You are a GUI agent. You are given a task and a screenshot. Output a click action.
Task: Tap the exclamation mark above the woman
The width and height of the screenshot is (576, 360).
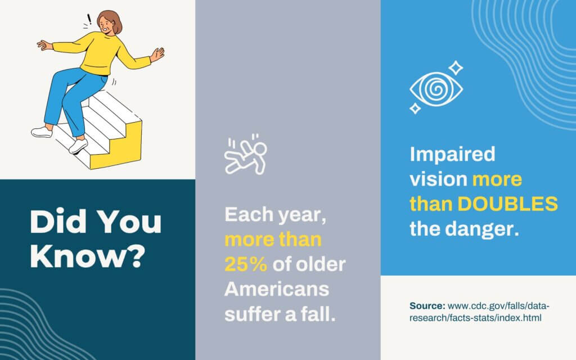tap(89, 19)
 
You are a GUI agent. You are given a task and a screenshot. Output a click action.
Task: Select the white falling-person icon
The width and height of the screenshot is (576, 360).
tap(246, 155)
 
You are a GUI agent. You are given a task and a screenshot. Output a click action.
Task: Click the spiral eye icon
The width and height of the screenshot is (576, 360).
tap(436, 89)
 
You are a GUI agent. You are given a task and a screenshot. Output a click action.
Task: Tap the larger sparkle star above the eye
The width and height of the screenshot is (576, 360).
tap(456, 68)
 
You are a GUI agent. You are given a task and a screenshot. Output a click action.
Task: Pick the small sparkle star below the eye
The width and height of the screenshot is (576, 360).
tap(415, 109)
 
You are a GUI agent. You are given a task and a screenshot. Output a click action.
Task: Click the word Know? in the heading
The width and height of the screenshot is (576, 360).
tap(88, 256)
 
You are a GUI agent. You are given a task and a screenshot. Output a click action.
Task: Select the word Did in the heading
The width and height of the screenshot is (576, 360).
tap(58, 222)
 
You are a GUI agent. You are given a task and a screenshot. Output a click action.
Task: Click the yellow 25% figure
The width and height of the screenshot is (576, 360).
tap(246, 264)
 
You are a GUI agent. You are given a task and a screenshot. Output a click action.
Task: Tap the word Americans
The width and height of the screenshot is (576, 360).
tap(277, 289)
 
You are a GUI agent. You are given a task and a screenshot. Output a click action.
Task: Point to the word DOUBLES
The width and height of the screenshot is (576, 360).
tap(508, 204)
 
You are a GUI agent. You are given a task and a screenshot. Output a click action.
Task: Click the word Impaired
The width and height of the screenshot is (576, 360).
tap(453, 155)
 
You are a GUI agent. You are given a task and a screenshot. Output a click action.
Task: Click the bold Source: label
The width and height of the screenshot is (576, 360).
tap(427, 305)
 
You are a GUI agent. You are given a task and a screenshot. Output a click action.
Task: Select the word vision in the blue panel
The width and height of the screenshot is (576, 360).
tap(438, 179)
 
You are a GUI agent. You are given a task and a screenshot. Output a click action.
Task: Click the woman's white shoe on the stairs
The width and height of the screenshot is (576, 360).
tap(78, 146)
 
